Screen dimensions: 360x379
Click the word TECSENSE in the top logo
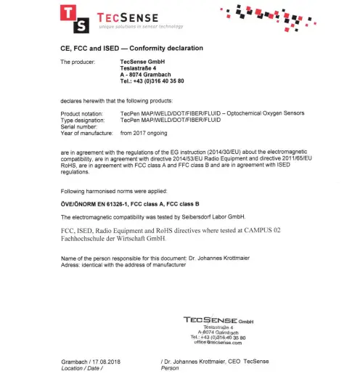tap(120, 13)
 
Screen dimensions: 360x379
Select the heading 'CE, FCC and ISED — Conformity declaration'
tap(131, 48)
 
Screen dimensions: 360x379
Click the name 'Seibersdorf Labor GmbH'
tap(213, 217)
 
